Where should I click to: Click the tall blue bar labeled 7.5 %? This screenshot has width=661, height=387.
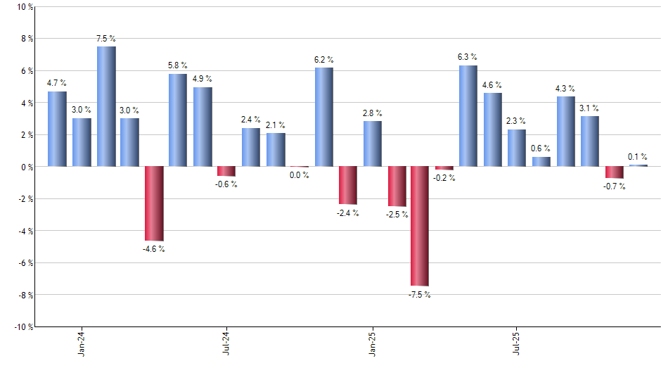pos(106,106)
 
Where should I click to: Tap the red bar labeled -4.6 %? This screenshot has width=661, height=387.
pos(154,203)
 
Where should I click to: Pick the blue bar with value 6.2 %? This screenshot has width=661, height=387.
pos(323,117)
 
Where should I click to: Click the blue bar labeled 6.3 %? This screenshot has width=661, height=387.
pos(468,116)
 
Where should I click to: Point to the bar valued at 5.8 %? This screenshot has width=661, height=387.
pos(178,120)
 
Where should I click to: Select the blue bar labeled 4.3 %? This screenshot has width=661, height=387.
pos(565,132)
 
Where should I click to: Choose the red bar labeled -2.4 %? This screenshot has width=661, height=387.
pos(347,185)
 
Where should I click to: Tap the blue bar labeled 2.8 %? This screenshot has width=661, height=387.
pos(372,144)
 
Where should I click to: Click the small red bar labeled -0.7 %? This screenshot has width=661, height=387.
pos(614,172)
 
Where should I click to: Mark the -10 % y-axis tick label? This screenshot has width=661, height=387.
pos(23,326)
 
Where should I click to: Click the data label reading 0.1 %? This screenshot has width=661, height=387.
pos(638,156)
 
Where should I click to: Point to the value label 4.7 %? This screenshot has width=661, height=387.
pos(57,83)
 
